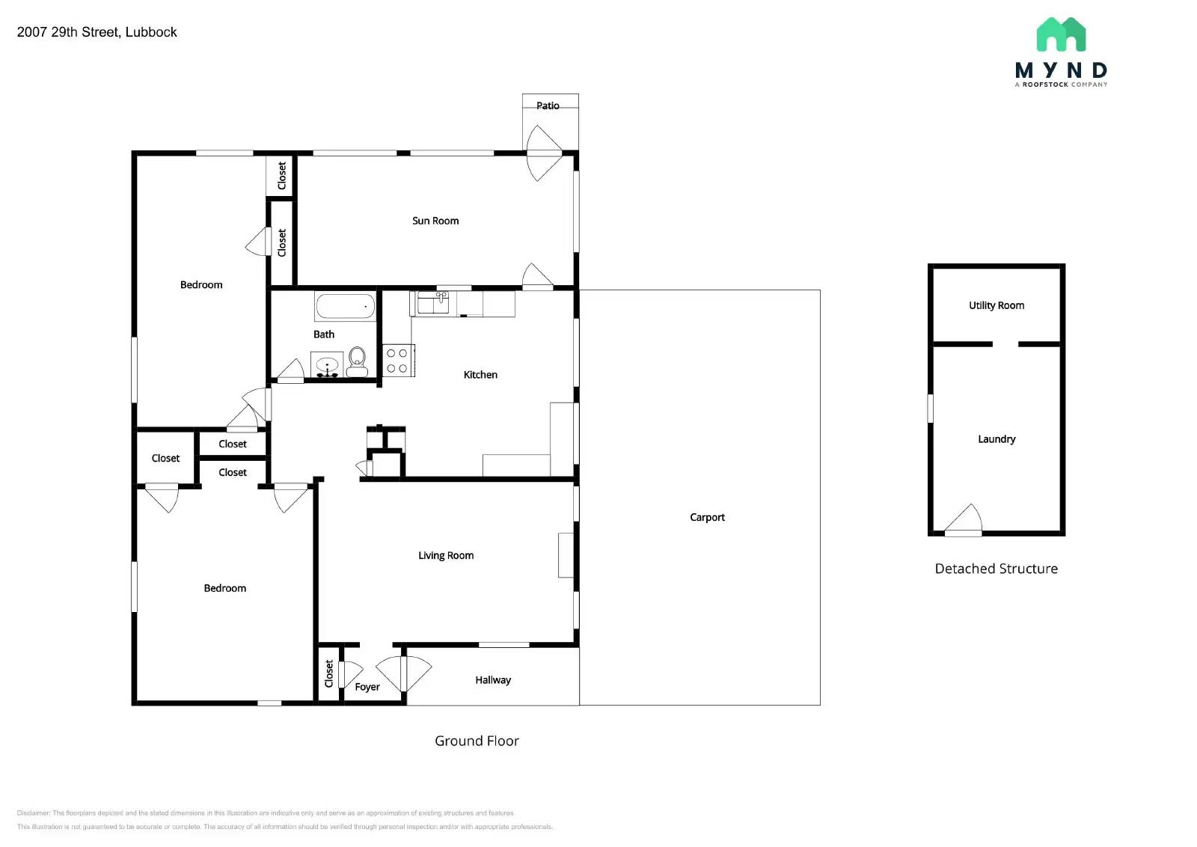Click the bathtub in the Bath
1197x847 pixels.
[345, 306]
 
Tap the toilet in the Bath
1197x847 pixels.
[357, 361]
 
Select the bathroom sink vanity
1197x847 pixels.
[327, 365]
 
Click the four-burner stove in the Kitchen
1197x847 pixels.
[397, 360]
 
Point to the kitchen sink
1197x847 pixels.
[432, 303]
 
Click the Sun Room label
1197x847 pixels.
[435, 221]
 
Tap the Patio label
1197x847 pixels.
[548, 106]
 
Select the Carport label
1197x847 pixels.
[707, 517]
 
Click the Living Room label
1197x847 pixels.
[446, 555]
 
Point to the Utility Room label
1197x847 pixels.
[997, 305]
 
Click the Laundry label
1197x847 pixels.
[997, 439]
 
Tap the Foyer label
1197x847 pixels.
[367, 687]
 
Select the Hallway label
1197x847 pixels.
[493, 680]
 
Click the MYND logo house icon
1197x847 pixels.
[1061, 34]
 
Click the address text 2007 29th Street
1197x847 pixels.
[97, 32]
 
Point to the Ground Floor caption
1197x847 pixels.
[477, 741]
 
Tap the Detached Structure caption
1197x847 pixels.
[997, 569]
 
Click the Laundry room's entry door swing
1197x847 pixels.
[964, 519]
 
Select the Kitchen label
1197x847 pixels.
[480, 375]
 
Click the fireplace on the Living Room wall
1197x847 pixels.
[566, 554]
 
